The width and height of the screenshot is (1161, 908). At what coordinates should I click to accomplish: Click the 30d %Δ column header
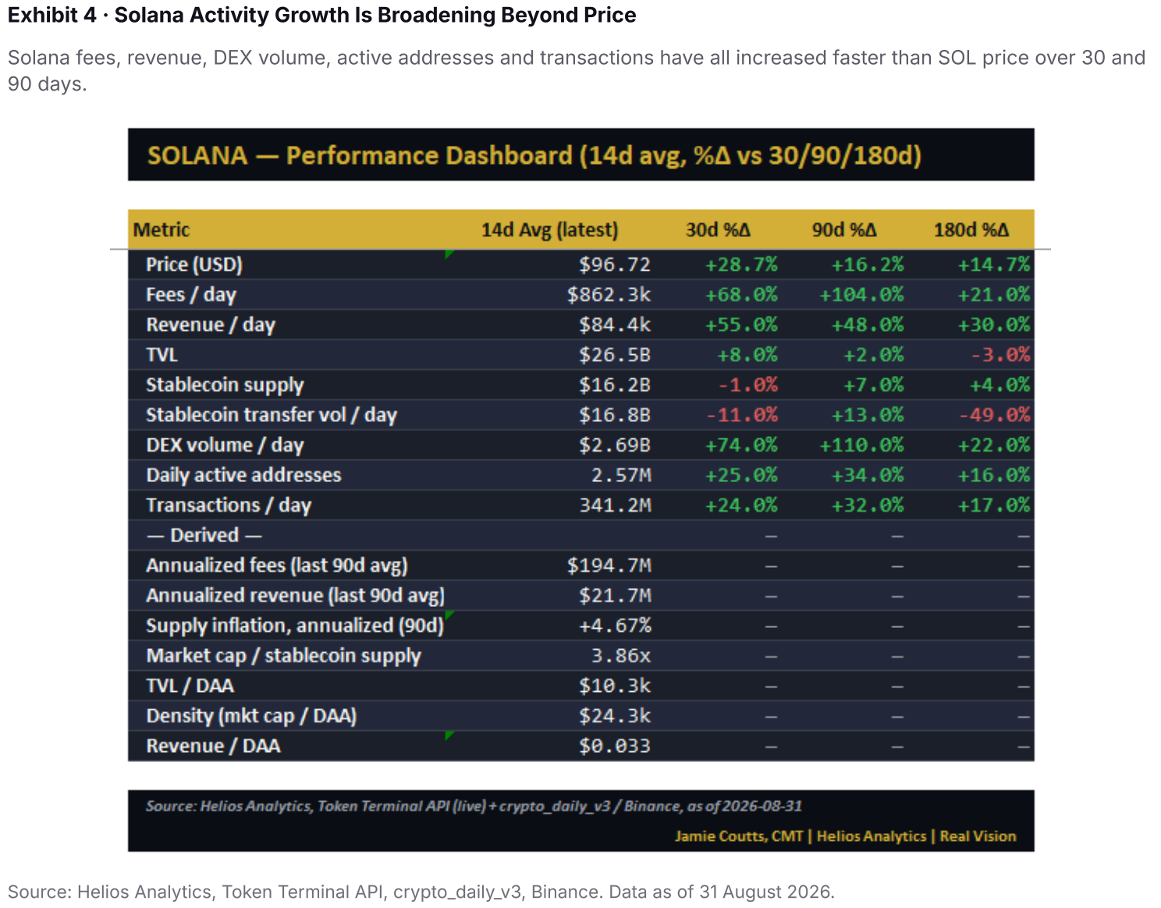coord(718,229)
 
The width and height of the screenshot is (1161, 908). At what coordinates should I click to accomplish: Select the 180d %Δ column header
coord(971,229)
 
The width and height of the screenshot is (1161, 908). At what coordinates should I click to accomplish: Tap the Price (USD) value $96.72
coord(614,264)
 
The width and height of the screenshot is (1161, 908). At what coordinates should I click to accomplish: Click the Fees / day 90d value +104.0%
coord(861,294)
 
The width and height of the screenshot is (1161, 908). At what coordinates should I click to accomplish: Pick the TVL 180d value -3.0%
coord(999,355)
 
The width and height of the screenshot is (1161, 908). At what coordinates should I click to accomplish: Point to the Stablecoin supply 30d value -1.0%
coord(747,385)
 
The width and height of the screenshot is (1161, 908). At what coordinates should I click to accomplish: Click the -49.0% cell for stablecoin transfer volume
coord(994,414)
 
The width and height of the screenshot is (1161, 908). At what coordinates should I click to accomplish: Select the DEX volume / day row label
coord(225,445)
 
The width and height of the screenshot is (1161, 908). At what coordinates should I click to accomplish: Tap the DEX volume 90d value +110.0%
coord(861,445)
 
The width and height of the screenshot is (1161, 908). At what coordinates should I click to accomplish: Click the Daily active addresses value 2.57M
coord(621,475)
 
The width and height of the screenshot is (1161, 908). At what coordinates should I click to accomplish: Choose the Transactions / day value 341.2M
coord(615,505)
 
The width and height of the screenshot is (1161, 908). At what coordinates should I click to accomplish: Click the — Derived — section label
coord(204,535)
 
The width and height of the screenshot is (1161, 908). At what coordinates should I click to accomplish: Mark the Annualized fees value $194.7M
coord(609,565)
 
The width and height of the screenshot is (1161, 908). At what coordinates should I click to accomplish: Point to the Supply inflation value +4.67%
coord(615,626)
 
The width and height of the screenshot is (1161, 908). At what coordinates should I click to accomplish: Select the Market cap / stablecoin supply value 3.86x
coord(621,655)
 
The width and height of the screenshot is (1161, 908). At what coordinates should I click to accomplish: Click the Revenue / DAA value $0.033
coord(614,746)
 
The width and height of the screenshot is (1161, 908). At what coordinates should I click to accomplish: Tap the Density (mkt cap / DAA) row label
coord(251,716)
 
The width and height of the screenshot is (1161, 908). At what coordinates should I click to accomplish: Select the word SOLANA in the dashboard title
coord(197,155)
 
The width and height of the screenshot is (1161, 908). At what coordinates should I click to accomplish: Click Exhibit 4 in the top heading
coord(51,15)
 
